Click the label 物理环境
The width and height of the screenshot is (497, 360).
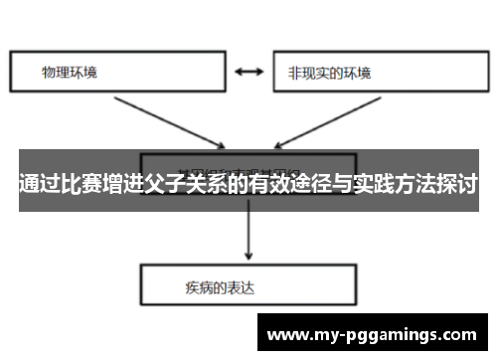pyautogui.click(x=70, y=73)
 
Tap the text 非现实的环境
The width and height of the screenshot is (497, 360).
pyautogui.click(x=329, y=73)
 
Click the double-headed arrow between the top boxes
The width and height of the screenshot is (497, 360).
pyautogui.click(x=248, y=73)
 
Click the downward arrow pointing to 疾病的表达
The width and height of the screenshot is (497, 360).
pyautogui.click(x=248, y=239)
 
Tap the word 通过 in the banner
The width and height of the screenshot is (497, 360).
pyautogui.click(x=40, y=184)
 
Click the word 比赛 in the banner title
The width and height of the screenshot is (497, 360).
pyautogui.click(x=86, y=184)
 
